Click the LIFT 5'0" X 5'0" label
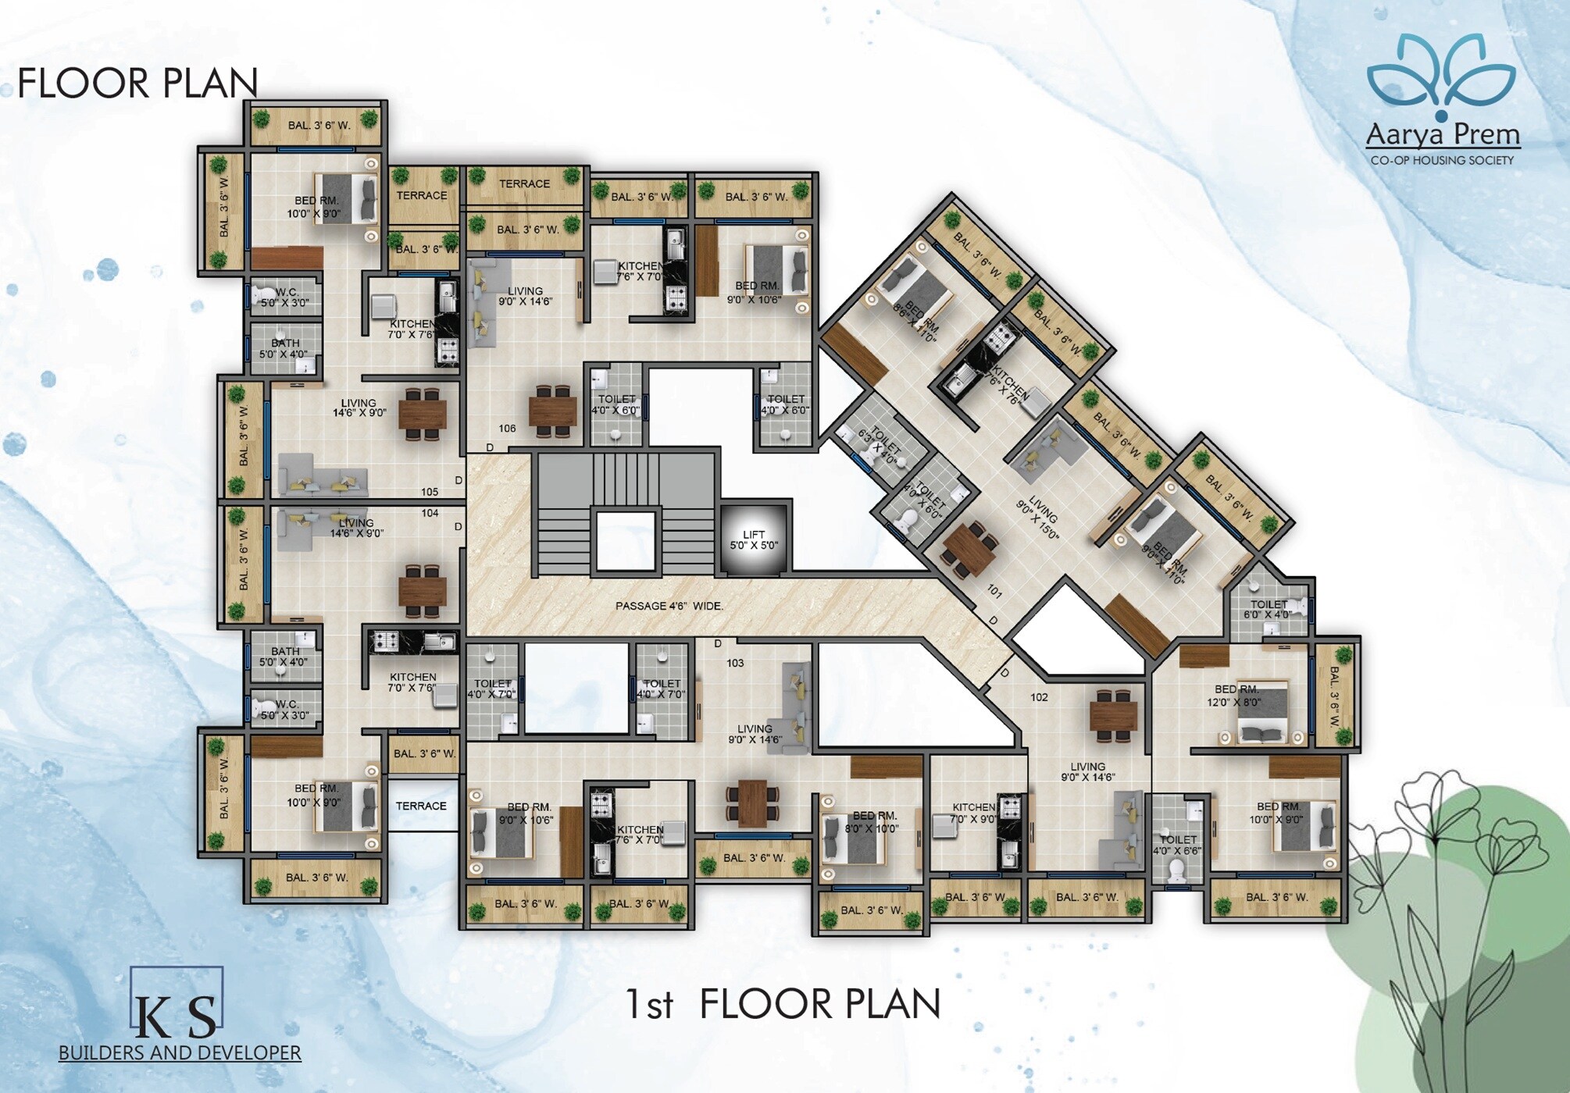[754, 539]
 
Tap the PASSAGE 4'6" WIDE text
[669, 606]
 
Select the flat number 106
[507, 428]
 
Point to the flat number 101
[994, 592]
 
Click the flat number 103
[735, 663]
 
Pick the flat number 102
[1039, 697]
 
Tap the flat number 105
[430, 492]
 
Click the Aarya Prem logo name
[1443, 135]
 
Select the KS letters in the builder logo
[177, 1014]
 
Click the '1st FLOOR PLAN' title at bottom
[783, 1004]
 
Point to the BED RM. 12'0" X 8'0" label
[1236, 696]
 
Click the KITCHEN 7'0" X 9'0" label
[973, 813]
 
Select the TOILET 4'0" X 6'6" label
[1177, 845]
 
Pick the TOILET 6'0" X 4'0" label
[1268, 610]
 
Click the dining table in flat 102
[1113, 715]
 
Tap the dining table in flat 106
[553, 411]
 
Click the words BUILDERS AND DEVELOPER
[180, 1052]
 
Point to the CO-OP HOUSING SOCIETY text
[1442, 160]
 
